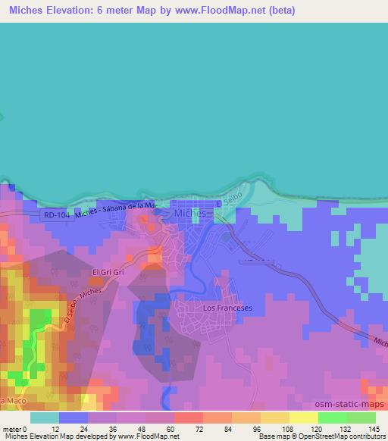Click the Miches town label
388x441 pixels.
pos(190,214)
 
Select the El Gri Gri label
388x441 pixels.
pos(107,273)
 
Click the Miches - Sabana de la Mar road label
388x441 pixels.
pos(121,207)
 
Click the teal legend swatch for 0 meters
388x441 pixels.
pos(45,418)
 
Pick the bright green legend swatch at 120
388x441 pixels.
pos(333,418)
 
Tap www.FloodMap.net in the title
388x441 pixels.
pos(229,11)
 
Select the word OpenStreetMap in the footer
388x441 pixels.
pos(317,436)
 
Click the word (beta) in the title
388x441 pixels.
pos(279,11)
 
